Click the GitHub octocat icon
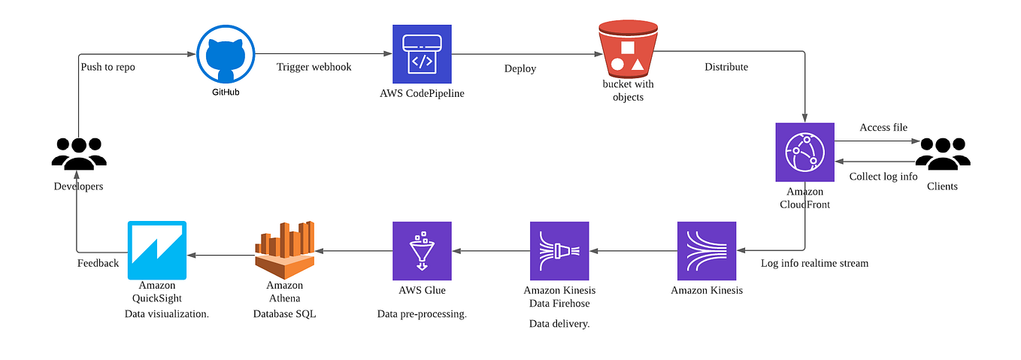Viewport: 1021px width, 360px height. pos(226,54)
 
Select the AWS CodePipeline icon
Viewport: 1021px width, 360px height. pos(422,54)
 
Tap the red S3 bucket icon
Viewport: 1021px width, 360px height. pos(628,49)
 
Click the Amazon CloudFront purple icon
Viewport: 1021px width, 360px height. pos(805,153)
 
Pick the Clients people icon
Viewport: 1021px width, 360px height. pos(943,154)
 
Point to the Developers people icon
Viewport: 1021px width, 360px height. pos(79,154)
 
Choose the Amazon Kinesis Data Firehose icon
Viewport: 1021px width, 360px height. pos(559,251)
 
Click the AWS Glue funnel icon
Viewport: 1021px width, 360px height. pos(422,251)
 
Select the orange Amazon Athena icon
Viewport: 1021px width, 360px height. pos(285,250)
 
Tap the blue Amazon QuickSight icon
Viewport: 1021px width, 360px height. pos(157,250)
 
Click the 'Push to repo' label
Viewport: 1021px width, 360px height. pos(108,67)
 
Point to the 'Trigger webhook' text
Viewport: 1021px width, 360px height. pos(314,67)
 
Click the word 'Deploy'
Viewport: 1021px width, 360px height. pos(520,69)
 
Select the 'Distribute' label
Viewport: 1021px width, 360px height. pos(726,67)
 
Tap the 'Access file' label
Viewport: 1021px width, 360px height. pos(883,128)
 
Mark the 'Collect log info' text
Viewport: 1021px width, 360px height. pos(883,177)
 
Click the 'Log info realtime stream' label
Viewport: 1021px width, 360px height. pos(814,263)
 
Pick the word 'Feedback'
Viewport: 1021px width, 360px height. pos(98,263)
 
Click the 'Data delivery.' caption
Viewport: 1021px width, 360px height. pos(559,324)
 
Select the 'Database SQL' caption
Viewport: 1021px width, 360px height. pos(284,314)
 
